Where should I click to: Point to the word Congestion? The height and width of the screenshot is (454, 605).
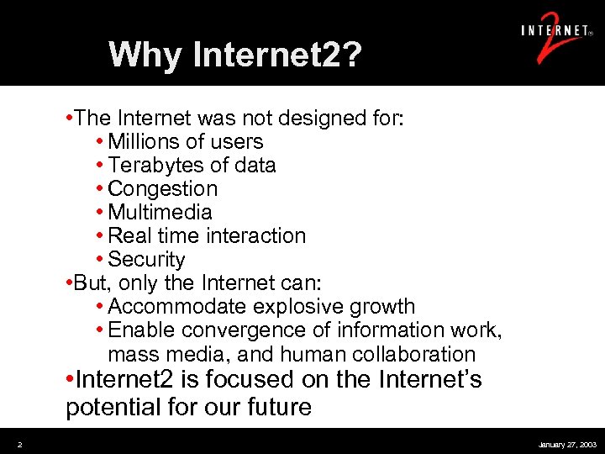pos(163,189)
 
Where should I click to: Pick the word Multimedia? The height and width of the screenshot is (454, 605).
pos(160,213)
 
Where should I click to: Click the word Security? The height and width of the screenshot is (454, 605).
pos(147,260)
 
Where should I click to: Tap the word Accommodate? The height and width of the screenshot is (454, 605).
pos(178,307)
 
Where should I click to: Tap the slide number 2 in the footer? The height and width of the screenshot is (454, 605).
pos(19,443)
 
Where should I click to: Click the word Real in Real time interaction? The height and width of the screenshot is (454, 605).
pos(129,236)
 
